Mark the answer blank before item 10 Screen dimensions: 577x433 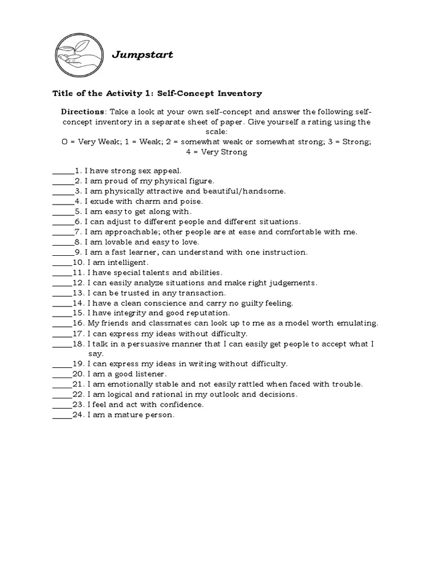pos(62,263)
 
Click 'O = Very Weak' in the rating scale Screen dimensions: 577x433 pos(88,142)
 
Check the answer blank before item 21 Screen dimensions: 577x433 pos(62,384)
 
